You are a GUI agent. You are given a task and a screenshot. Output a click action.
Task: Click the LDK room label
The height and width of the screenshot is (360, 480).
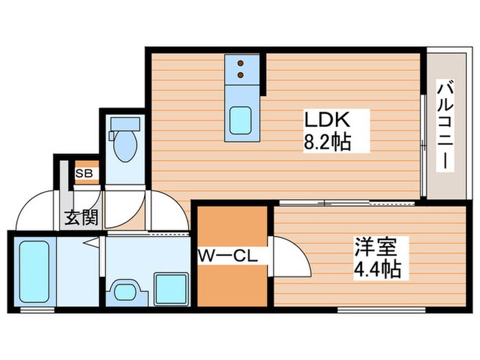coord(328,121)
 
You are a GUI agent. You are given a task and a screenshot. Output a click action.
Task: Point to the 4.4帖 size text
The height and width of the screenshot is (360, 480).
coord(376,267)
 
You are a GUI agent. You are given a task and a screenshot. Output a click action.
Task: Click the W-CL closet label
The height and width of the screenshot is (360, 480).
coord(227,257)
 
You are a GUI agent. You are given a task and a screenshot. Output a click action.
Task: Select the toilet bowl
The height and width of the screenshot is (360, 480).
coord(125,148)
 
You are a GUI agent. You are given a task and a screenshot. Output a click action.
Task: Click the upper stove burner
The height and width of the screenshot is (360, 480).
coord(241,62)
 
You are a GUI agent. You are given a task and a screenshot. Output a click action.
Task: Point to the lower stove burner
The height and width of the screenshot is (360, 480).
coord(241,73)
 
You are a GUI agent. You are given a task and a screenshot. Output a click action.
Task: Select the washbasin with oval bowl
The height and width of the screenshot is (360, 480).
coord(125,290)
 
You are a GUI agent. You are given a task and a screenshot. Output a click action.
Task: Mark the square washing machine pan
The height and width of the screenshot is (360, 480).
coord(171,288)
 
